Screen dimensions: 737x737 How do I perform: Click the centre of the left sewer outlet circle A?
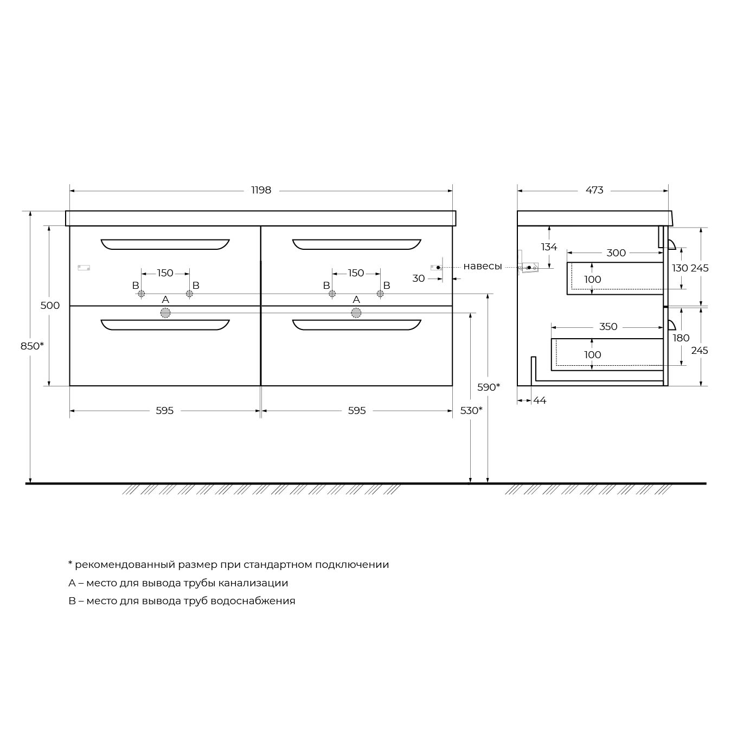coord(165,313)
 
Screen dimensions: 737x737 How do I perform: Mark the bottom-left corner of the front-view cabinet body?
coord(69,385)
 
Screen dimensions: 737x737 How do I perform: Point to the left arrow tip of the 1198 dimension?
coord(70,191)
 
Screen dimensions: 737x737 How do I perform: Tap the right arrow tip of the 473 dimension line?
coord(668,191)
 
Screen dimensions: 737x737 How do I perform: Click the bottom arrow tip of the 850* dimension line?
coord(30,483)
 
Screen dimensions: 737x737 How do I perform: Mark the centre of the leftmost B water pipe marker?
coord(142,294)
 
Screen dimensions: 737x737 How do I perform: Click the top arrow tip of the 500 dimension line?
coord(49,226)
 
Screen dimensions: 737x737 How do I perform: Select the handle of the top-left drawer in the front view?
coord(165,244)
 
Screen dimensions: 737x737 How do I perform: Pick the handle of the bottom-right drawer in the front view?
coord(357,325)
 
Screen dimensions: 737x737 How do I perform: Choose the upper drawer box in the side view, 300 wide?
coord(615,279)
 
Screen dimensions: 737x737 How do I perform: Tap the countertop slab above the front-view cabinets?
coord(261,218)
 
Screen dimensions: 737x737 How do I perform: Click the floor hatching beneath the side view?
coord(588,489)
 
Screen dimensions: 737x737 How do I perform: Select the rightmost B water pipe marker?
coord(380,294)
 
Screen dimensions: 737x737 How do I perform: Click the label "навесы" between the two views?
coord(483,266)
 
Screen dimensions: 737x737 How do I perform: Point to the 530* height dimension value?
coord(471,410)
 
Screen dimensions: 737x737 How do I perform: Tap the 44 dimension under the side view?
coord(540,400)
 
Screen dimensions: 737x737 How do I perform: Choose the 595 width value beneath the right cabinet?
coord(357,410)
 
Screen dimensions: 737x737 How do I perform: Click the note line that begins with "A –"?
coord(178,583)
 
